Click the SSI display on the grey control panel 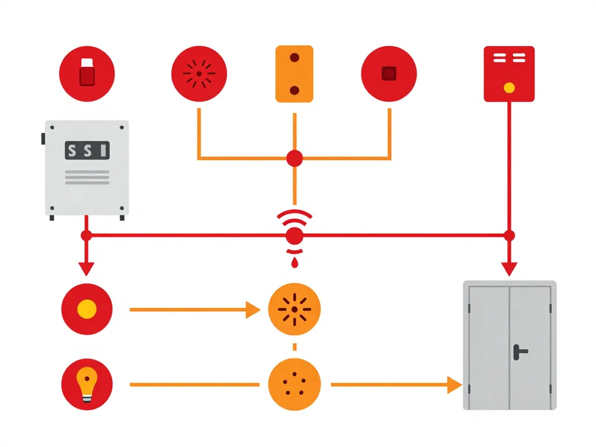87,151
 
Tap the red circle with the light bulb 87,385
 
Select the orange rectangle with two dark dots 294,74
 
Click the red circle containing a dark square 389,74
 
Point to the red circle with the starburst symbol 198,74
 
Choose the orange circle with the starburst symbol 294,310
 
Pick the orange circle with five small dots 294,385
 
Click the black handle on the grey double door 519,351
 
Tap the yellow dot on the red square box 509,88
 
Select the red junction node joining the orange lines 295,158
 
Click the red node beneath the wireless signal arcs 295,236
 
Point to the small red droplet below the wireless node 295,263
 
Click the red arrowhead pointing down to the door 509,269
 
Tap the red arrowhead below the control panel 86,269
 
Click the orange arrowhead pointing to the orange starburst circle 253,310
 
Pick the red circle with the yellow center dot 87,310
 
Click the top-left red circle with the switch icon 87,74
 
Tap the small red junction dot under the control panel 86,236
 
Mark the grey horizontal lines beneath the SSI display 87,178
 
